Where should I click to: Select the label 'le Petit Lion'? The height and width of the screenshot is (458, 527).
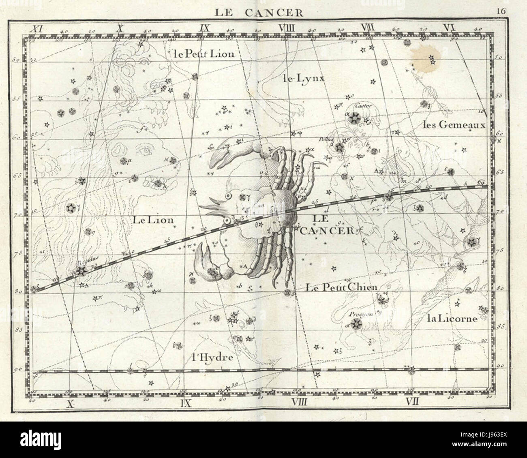tap(203, 54)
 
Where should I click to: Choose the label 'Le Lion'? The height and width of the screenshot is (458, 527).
tap(154, 220)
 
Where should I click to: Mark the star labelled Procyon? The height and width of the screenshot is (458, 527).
tap(356, 323)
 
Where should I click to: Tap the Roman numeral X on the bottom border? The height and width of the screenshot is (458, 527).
tap(71, 403)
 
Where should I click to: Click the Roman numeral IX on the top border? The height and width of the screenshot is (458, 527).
tap(204, 28)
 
